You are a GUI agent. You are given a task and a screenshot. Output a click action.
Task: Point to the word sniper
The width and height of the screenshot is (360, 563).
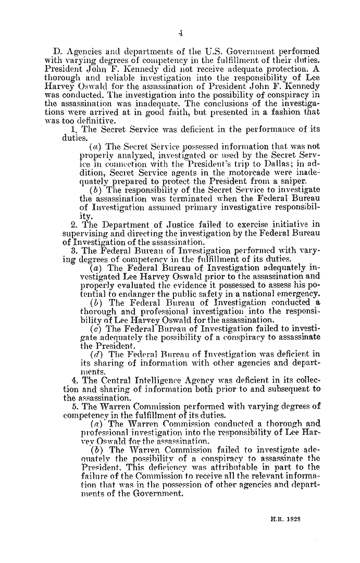coord(293,196)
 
